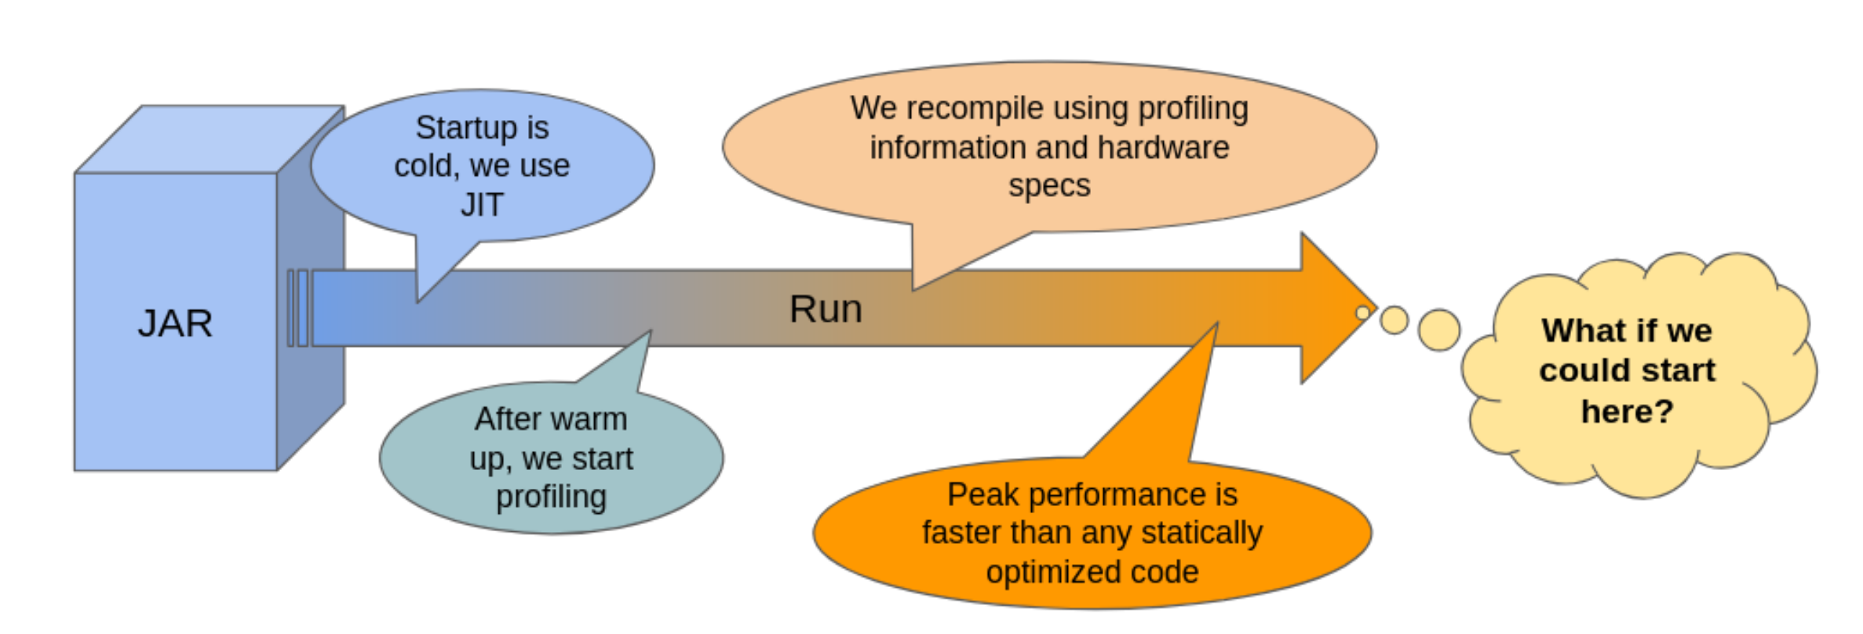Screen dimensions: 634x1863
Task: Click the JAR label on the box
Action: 175,323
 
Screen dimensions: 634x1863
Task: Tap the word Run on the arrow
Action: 826,308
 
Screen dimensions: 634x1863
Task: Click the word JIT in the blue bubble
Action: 481,205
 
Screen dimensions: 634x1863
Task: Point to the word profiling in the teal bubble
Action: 551,497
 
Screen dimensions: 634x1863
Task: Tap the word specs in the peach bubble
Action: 1049,186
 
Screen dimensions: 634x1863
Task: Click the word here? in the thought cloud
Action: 1627,411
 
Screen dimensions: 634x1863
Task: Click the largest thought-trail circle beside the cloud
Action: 1439,330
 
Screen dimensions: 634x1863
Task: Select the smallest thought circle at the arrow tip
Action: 1362,313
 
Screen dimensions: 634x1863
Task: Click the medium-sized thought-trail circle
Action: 1395,320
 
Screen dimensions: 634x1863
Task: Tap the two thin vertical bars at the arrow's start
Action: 297,308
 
